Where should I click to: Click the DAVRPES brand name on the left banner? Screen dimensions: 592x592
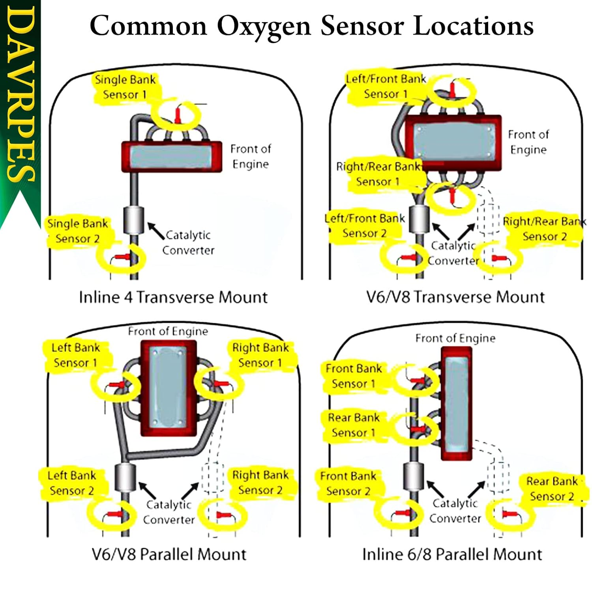(20, 95)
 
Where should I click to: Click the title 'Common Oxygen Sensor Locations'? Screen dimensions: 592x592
(311, 26)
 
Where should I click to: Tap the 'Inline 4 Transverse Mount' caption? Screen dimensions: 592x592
(173, 297)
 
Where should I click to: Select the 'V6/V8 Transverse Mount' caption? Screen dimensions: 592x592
(455, 297)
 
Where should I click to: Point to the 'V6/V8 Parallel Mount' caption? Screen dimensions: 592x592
(169, 554)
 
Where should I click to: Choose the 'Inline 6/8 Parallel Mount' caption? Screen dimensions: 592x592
(452, 554)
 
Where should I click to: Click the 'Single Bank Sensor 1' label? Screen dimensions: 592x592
(125, 87)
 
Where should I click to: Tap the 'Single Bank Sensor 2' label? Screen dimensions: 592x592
(77, 231)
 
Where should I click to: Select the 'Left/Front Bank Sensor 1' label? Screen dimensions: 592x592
(386, 86)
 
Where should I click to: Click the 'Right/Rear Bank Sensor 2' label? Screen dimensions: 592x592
(544, 229)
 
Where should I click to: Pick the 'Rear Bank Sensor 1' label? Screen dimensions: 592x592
(353, 425)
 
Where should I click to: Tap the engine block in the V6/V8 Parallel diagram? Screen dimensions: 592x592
(169, 389)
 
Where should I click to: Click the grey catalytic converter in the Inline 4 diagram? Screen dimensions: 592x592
(133, 220)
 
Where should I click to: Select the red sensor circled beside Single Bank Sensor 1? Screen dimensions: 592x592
(178, 115)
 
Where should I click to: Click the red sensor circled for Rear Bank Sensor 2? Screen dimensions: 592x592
(510, 514)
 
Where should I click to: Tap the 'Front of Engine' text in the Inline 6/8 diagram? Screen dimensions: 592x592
(455, 338)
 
